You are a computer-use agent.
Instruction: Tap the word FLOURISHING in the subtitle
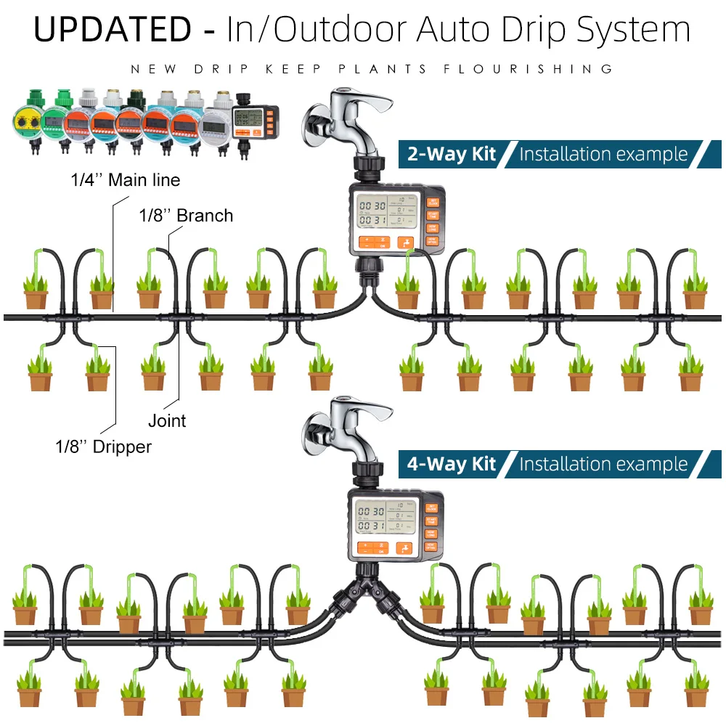[529, 69]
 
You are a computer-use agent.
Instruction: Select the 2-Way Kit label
[451, 154]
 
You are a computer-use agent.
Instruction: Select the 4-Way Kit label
[451, 464]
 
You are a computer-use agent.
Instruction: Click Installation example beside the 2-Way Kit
[603, 154]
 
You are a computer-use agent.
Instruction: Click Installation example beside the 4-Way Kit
[603, 464]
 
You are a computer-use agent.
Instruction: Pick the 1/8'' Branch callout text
[186, 215]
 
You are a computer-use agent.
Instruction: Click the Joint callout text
[167, 420]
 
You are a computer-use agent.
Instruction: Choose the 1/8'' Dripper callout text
[104, 446]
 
